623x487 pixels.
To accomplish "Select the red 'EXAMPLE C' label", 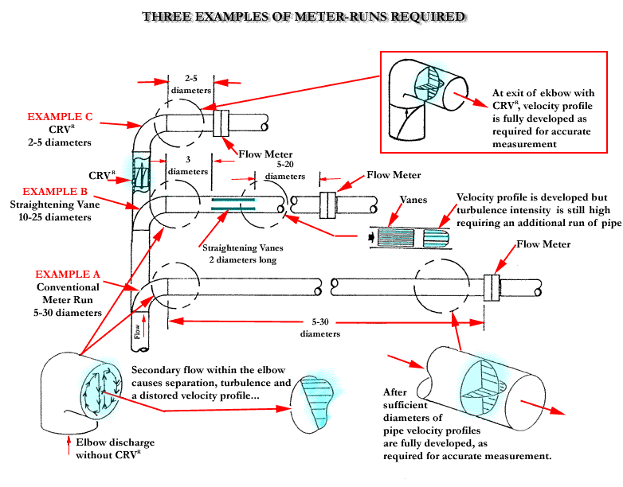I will point(60,117).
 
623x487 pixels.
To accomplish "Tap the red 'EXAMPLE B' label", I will point(60,192).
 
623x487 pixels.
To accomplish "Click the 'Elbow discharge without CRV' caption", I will point(115,449).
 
